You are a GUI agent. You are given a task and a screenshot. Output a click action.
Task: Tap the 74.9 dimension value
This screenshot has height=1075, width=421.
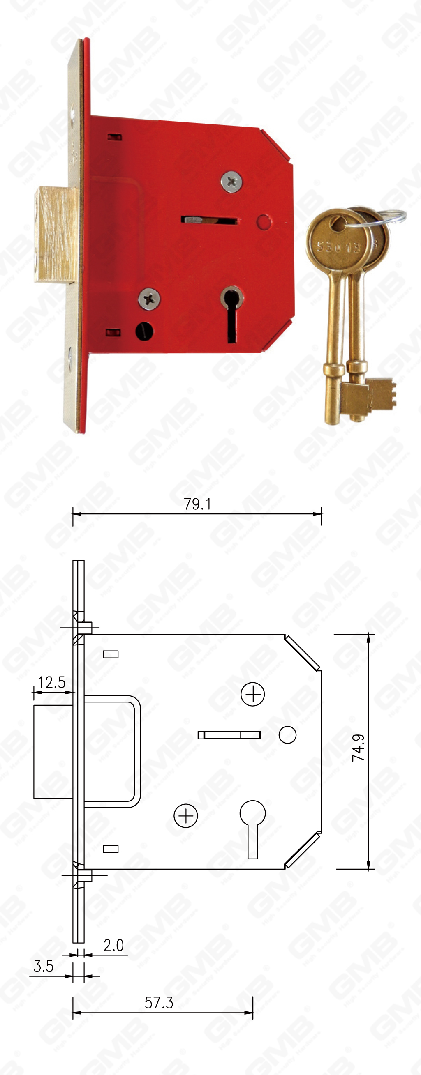pos(359,748)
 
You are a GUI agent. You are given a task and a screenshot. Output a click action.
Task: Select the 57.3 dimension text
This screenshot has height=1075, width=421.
pos(159,1002)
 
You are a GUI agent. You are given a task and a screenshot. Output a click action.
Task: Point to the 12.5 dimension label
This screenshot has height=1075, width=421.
pos(52,682)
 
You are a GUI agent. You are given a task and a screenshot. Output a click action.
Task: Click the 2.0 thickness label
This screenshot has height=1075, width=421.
pos(113,945)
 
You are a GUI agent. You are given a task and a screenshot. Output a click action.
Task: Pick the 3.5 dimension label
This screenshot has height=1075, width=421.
pos(44,966)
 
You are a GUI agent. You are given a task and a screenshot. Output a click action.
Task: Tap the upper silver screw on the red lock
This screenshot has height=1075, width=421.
pos(231,182)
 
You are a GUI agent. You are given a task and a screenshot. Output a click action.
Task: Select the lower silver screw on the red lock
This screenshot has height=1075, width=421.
pos(149,299)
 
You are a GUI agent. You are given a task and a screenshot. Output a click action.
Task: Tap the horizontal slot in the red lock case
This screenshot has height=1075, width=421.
pos(209,219)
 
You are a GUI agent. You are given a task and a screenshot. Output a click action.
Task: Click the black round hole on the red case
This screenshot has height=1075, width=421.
pos(144,331)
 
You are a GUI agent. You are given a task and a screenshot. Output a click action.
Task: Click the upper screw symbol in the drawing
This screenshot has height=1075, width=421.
pos(253,694)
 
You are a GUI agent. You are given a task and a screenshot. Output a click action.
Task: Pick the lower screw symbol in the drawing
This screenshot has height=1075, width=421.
pos(185,815)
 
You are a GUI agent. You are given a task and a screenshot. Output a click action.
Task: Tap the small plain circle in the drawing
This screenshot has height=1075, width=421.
pos(287,734)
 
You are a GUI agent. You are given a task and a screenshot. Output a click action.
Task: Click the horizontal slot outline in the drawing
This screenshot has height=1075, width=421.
pos(229,735)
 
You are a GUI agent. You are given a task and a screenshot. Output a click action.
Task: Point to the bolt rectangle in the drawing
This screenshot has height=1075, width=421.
pos(53,751)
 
